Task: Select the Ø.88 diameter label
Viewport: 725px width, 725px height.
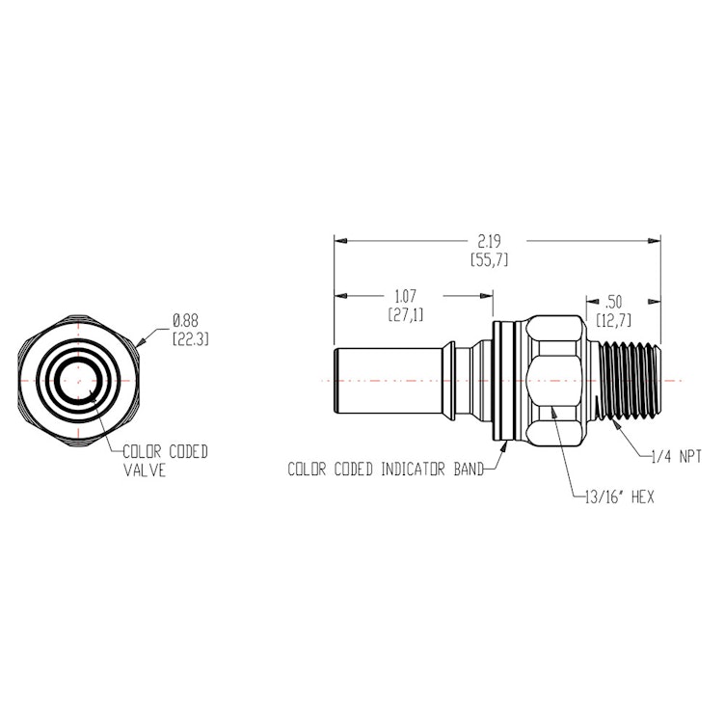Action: [186, 320]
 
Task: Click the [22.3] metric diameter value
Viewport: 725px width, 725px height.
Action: [190, 338]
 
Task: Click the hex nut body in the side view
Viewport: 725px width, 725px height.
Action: [557, 380]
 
